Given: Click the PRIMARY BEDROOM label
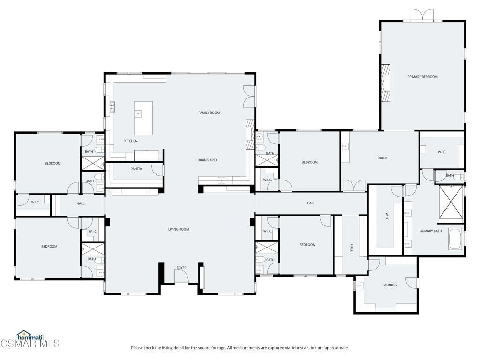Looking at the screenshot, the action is [422, 77].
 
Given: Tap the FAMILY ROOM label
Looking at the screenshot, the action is [209, 112].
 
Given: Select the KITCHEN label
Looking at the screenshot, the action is [131, 141].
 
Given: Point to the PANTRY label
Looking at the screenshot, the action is [136, 169].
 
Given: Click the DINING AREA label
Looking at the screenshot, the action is [208, 160].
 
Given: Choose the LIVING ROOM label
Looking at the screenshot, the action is [179, 229].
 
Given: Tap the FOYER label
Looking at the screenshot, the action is [181, 268].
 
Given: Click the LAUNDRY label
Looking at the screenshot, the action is [390, 285].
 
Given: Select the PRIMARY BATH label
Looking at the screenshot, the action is [430, 231].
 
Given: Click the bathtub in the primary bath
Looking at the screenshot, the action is [456, 239].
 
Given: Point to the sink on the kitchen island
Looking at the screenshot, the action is [139, 114].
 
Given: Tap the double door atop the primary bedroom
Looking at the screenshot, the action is [422, 15].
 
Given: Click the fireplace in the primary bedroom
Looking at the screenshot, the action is [386, 83].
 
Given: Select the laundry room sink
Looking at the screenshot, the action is [359, 285].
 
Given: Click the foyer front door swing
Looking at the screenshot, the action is [181, 277].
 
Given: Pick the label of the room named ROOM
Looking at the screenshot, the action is [382, 158].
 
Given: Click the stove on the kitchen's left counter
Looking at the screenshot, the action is [112, 107].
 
